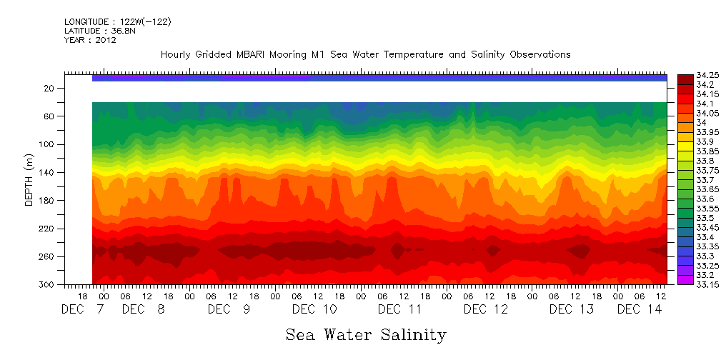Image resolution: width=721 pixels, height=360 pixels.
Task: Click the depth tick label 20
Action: coord(49,88)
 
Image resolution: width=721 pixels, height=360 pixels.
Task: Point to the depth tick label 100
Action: coord(47,144)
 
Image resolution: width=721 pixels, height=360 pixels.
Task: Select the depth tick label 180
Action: coord(47,201)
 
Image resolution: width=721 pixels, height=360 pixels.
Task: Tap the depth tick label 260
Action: coord(47,256)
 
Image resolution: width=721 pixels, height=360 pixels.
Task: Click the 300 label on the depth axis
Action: coord(47,284)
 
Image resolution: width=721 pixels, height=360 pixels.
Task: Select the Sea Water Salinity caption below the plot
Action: coord(366,334)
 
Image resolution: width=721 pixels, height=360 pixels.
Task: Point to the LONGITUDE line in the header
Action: coord(117,21)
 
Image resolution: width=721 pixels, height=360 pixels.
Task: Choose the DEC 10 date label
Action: coord(314,309)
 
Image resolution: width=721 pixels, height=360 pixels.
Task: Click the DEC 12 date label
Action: coord(486,309)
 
